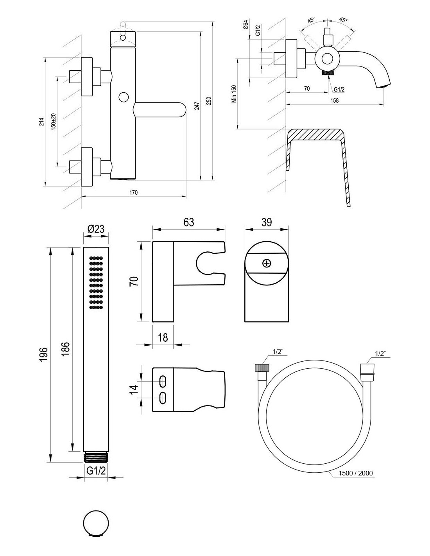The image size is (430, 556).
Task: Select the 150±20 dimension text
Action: click(x=53, y=121)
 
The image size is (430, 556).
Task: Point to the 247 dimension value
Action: click(x=196, y=106)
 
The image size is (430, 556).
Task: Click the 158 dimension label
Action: click(x=334, y=100)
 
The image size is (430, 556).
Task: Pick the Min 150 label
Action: click(x=234, y=94)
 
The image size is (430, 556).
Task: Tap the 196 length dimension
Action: click(x=43, y=354)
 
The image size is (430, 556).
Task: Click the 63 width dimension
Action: click(x=188, y=222)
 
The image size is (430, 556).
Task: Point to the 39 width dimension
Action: click(x=266, y=222)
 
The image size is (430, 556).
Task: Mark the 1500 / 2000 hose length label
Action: click(x=356, y=473)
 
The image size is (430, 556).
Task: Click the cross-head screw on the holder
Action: click(x=267, y=263)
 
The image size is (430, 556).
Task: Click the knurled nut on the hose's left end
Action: click(x=261, y=368)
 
